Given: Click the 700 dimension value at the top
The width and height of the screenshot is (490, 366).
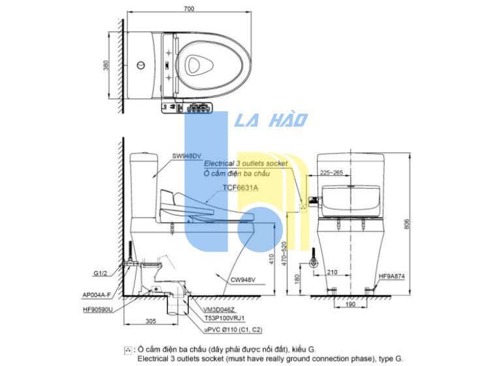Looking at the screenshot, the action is click(x=189, y=8).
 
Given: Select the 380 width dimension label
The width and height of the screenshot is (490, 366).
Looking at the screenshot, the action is click(x=106, y=65).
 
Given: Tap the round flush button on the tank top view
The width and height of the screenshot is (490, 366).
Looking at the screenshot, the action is click(x=141, y=65).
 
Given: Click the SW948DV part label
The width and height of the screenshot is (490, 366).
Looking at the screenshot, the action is click(x=187, y=156).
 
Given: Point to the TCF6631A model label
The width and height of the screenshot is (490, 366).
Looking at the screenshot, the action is click(x=240, y=188).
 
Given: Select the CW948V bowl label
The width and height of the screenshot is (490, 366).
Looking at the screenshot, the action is click(x=243, y=280).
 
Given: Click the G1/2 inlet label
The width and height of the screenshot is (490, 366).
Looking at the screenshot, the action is click(x=101, y=273).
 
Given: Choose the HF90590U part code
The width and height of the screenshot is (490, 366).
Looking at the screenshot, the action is click(x=98, y=309).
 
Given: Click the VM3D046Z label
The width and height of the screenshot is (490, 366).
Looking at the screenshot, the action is click(x=219, y=310).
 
